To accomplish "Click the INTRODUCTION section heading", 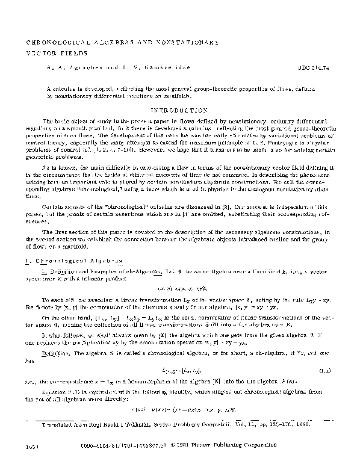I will click(179, 111).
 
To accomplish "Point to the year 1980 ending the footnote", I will click(302, 425).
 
